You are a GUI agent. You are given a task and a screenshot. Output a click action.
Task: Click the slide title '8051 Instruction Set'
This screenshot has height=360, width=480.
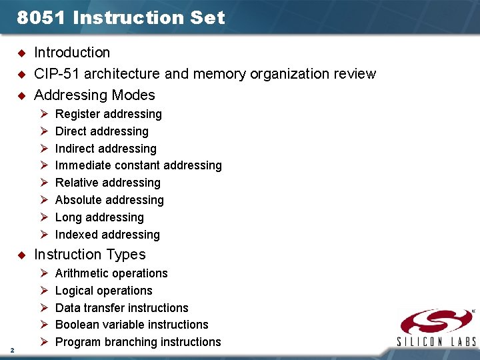(121, 18)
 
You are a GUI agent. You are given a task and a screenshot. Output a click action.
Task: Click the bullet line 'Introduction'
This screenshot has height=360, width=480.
(72, 52)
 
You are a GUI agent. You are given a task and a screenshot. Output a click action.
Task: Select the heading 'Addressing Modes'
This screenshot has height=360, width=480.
(94, 95)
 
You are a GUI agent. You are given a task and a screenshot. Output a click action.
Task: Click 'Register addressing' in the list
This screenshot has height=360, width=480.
(108, 114)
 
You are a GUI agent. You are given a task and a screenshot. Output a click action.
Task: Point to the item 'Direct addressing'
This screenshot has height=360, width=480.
(101, 131)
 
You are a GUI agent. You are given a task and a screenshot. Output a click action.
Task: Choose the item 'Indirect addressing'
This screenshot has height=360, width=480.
(105, 149)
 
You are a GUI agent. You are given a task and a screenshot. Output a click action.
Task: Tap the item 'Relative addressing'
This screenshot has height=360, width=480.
(107, 183)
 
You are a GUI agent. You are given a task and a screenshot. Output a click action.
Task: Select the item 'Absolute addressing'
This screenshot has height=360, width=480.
(109, 200)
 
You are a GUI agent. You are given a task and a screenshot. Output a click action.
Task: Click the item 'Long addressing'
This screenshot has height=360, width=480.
(99, 217)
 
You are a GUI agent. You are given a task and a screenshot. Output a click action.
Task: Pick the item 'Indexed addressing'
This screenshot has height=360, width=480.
(107, 235)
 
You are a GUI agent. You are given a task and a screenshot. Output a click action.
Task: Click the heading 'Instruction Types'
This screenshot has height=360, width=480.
(89, 254)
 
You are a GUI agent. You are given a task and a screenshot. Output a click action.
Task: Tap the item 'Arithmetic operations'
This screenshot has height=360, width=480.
(111, 273)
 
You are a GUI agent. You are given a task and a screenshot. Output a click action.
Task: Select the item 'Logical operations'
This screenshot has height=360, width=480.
(103, 291)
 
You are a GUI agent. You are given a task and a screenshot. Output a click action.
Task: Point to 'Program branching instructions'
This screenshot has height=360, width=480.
(138, 342)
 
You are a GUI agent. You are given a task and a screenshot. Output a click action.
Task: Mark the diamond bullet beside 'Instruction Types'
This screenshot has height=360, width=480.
(21, 255)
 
